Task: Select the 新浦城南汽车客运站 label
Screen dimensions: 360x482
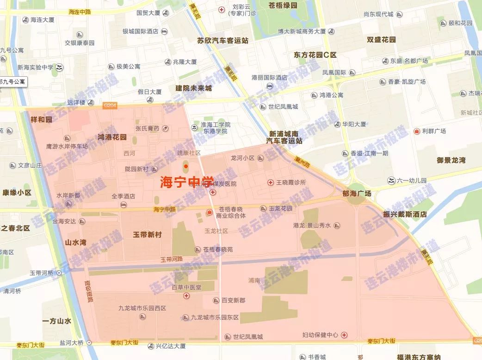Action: [284, 137]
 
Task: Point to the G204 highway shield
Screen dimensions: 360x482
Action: [110, 106]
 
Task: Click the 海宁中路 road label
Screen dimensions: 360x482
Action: [165, 209]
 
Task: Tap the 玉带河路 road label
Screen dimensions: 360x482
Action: [172, 259]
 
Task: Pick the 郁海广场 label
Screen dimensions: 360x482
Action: [357, 194]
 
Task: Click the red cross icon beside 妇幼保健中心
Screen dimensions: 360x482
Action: [344, 335]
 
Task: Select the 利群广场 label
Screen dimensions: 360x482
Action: [433, 131]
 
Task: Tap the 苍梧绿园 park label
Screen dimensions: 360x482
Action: [283, 6]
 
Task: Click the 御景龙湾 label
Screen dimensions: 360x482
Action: [451, 160]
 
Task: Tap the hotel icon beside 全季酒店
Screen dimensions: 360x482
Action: [124, 204]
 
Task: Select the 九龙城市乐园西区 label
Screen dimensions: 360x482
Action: [142, 308]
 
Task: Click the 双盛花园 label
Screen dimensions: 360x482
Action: [381, 40]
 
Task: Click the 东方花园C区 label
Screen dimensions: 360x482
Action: [315, 55]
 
